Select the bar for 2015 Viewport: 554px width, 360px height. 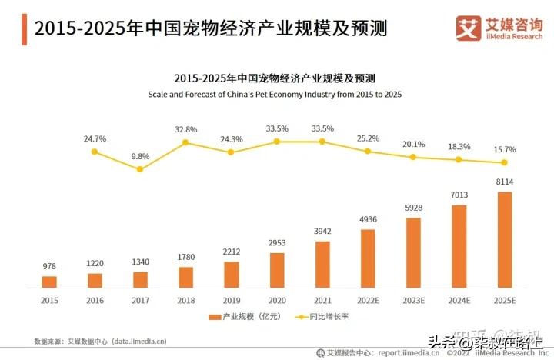49,282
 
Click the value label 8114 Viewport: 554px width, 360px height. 504,182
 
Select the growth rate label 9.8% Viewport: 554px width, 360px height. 140,156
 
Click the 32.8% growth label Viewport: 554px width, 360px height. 185,129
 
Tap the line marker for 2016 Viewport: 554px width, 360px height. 95,152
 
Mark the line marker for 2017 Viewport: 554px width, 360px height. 140,169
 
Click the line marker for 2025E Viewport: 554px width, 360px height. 504,162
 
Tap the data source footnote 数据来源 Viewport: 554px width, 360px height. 100,340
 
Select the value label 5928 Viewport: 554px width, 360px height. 413,208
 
